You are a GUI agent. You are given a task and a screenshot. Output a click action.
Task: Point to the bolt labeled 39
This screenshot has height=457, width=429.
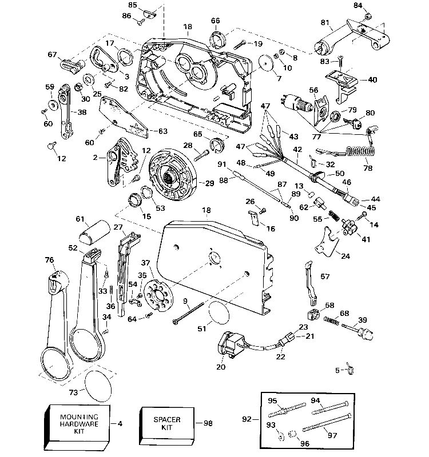click(359, 328)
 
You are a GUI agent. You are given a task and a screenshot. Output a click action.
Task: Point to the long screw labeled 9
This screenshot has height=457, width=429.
click(189, 312)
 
